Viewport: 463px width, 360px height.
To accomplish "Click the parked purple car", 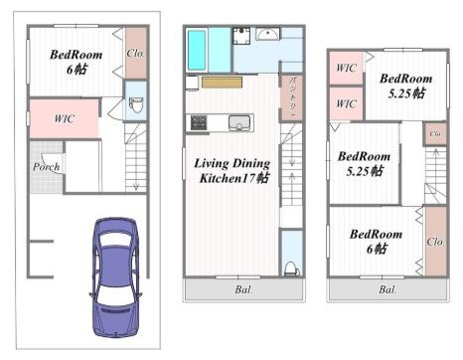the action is pos(115,277).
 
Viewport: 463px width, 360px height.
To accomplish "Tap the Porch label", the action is pos(46,166).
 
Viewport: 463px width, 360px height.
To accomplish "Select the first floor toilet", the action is pos(136,104).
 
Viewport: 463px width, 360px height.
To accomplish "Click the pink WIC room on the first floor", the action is pos(64,118).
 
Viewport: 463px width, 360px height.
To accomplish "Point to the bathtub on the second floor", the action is pos(197,50).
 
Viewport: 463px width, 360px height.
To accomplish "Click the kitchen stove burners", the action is pos(199,122).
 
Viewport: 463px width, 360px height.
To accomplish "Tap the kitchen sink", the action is pos(239,122).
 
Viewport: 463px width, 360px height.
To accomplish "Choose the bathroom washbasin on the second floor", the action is pos(268,34).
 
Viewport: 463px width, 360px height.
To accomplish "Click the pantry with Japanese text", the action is pos(291,97).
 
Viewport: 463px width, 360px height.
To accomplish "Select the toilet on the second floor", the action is pos(291,268).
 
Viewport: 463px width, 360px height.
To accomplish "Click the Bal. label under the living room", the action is pos(243,289).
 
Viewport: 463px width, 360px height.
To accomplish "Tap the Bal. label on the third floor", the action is pos(387,289).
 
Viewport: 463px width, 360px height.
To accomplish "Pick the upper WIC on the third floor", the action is pos(346,68).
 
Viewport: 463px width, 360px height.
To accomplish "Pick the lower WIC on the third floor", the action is pos(346,103).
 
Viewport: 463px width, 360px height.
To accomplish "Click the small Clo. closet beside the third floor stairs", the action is pos(435,133).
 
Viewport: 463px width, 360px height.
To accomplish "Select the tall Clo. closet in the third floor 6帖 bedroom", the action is pos(435,241).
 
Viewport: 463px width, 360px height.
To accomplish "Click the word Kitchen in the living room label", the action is pos(221,178).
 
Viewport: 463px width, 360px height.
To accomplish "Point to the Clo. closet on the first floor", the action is pos(136,53).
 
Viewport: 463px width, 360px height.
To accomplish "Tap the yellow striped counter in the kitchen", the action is pos(222,83).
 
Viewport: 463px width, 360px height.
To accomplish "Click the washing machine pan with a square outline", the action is pos(241,36).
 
